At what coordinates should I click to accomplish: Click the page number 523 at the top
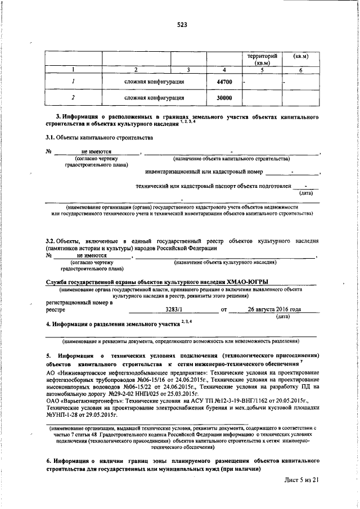pos(181,25)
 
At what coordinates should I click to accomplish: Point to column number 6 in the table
pos(301,70)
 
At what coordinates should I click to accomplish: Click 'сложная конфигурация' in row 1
pos(155,82)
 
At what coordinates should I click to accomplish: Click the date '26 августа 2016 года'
pos(273,309)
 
